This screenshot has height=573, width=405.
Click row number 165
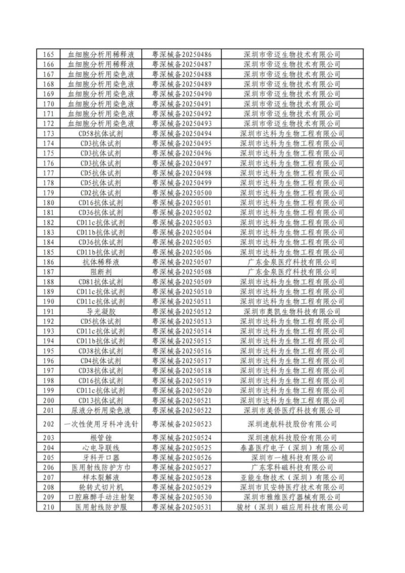click(x=49, y=54)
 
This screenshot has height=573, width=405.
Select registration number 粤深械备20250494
click(x=182, y=133)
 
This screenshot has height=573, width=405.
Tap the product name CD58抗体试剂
click(x=101, y=133)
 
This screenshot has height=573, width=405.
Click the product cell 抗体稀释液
click(x=101, y=262)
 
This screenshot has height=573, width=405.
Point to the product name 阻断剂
click(x=101, y=272)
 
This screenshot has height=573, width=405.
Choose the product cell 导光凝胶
click(x=101, y=311)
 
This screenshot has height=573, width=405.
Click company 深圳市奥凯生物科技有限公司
click(x=292, y=311)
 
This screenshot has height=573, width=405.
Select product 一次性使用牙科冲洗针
click(x=101, y=424)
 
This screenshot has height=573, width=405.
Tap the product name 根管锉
click(x=101, y=438)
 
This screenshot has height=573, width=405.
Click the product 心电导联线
click(x=101, y=448)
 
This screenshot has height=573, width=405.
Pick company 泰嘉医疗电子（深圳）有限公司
click(x=292, y=448)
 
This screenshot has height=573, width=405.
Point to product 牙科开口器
click(x=101, y=457)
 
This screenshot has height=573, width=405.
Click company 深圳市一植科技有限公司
click(x=292, y=457)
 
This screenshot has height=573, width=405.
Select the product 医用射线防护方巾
click(x=101, y=468)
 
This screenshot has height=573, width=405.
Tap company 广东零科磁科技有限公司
click(x=292, y=468)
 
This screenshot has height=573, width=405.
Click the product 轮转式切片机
click(x=101, y=487)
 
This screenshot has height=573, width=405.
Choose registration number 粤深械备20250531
click(x=182, y=507)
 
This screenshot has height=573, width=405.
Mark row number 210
click(x=49, y=507)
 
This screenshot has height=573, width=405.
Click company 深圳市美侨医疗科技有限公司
click(x=292, y=410)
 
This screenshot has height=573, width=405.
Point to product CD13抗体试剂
click(x=101, y=400)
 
